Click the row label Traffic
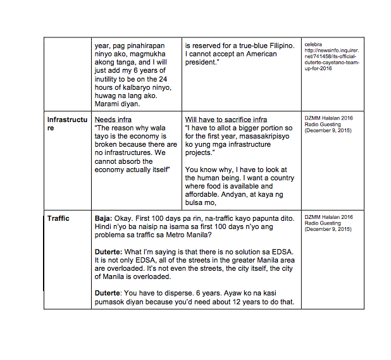point(58,218)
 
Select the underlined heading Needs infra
point(113,120)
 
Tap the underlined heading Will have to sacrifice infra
point(226,120)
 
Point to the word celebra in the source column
point(314,44)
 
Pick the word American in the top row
point(259,54)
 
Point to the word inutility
point(109,78)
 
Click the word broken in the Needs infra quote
point(108,144)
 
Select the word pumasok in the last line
point(113,301)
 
